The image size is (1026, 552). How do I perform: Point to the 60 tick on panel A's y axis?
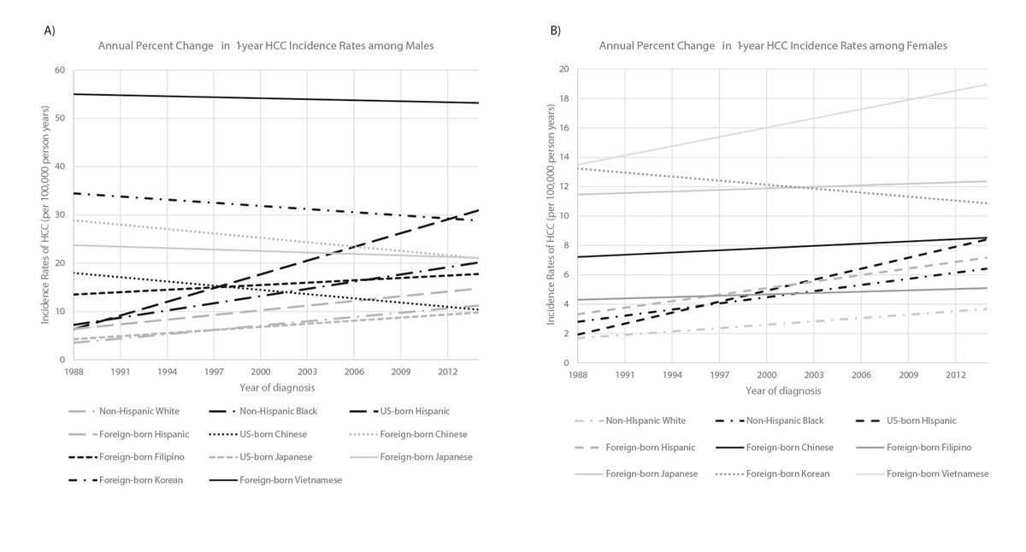point(60,69)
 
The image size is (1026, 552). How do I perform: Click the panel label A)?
point(50,30)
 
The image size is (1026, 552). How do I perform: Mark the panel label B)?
point(556,30)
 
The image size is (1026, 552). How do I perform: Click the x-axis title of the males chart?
point(274,387)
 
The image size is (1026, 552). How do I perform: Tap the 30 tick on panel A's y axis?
point(60,214)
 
